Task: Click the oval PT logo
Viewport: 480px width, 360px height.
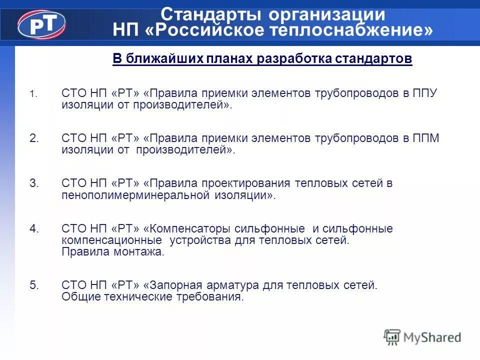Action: pyautogui.click(x=41, y=23)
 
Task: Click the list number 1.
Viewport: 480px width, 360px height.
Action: pyautogui.click(x=32, y=94)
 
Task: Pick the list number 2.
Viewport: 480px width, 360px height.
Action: pyautogui.click(x=34, y=138)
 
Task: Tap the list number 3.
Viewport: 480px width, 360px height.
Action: pyautogui.click(x=34, y=183)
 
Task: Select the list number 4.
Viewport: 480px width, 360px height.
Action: pyautogui.click(x=34, y=229)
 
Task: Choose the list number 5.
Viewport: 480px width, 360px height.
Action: pyautogui.click(x=34, y=285)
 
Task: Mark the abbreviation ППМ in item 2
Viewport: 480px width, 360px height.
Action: pyautogui.click(x=426, y=138)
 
